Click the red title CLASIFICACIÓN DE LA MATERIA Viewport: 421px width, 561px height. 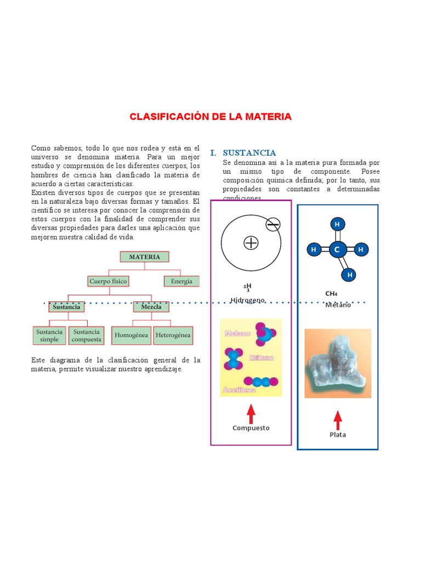pos(210,117)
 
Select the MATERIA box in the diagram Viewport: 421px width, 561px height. pos(145,257)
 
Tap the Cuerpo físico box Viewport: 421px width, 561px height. pos(108,281)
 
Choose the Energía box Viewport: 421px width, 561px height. pos(181,281)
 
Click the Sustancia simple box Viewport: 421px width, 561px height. pos(49,335)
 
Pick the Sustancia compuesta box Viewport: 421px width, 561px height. pos(87,335)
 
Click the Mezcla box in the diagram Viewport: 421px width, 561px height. pos(151,307)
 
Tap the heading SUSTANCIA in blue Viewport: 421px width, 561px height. pos(249,153)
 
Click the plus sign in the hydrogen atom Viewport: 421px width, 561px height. pos(251,243)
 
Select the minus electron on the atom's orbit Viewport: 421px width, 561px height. pos(273,224)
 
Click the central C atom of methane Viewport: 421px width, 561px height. pos(337,250)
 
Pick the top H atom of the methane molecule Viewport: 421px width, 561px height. pos(337,224)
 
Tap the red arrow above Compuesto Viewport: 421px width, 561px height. pos(251,413)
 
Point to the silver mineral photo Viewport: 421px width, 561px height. pos(338,363)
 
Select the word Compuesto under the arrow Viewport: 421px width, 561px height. pos(251,428)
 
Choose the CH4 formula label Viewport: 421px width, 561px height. pos(332,293)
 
